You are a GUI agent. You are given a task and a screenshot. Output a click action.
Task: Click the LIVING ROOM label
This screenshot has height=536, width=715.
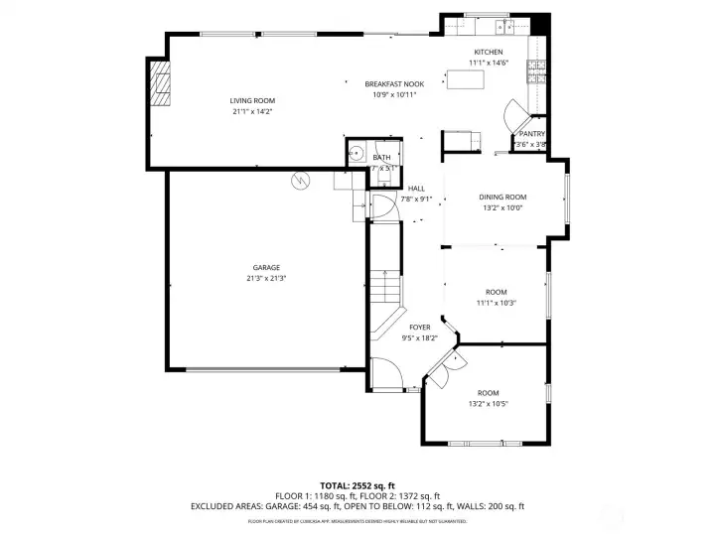252,100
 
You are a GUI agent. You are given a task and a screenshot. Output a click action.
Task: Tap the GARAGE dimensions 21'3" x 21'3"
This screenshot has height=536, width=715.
266,278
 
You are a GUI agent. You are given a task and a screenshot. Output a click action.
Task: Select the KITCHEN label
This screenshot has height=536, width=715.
488,52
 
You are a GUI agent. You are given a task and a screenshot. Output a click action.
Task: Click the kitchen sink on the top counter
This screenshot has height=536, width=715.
506,24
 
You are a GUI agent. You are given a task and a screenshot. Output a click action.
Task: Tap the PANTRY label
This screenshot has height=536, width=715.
531,133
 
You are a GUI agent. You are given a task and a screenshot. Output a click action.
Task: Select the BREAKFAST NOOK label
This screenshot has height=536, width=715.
394,83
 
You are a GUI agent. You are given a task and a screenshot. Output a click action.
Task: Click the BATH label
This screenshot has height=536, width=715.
382,157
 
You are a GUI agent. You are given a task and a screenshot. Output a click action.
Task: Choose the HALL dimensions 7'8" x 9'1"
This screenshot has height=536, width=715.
416,199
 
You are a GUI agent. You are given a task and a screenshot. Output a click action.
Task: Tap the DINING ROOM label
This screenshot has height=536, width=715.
502,197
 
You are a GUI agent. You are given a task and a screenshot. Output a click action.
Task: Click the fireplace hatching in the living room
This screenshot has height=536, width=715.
160,83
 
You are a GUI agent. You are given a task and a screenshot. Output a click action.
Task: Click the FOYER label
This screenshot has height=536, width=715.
420,327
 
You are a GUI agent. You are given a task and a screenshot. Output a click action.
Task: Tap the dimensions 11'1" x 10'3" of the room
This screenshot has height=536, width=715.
496,303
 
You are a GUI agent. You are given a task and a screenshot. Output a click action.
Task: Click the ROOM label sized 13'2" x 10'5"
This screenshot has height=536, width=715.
488,393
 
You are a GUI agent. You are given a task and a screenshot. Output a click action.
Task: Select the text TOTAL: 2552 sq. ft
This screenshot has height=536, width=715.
357,485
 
